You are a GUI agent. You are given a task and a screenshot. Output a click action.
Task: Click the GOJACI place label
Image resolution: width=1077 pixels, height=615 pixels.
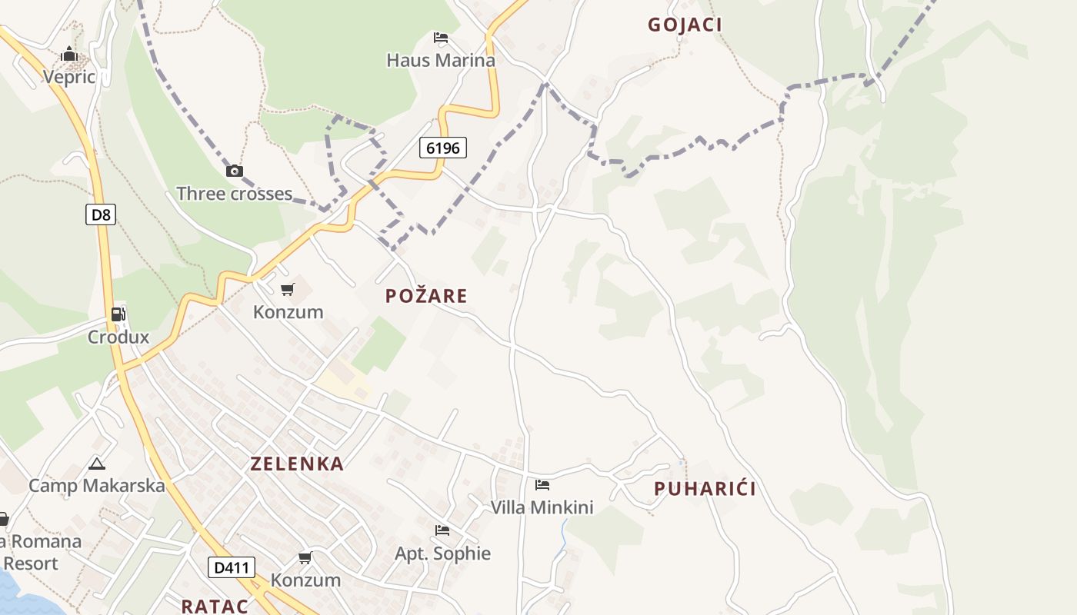(685, 25)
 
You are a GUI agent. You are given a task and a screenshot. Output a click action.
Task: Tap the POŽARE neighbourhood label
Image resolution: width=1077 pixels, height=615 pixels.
(426, 296)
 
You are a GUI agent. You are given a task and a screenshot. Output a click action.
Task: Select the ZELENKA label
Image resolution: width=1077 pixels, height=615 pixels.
(297, 464)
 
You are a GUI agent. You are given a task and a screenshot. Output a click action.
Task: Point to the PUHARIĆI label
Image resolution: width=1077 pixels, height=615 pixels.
(705, 489)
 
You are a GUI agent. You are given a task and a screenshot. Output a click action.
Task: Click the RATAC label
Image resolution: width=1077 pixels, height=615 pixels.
(215, 606)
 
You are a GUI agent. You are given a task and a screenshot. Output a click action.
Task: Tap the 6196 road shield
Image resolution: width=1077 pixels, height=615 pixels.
(443, 147)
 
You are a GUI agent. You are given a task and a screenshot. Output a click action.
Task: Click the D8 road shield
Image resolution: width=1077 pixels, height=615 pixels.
(101, 214)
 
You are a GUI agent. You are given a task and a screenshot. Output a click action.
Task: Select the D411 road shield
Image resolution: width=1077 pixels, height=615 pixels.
(231, 568)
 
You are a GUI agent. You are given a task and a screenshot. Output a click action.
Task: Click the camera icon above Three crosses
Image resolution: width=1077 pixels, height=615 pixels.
(235, 171)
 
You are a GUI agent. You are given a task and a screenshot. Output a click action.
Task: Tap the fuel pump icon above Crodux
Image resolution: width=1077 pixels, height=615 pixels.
(118, 314)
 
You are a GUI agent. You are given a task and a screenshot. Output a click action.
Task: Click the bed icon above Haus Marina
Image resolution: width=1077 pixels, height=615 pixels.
(441, 37)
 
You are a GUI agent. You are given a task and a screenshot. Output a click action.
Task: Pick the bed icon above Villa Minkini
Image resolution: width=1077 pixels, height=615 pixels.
(542, 484)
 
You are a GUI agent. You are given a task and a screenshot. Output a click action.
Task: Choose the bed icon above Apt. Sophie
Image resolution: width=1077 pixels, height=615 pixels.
(442, 530)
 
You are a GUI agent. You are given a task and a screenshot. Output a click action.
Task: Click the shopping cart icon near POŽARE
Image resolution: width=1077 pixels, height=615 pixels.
(288, 289)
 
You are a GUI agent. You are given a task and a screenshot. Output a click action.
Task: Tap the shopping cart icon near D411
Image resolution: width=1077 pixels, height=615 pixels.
(305, 557)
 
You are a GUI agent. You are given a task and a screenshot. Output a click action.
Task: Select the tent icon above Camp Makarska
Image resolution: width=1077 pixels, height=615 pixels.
(96, 464)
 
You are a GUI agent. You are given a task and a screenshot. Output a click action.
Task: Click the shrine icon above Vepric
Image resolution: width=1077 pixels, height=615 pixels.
(69, 55)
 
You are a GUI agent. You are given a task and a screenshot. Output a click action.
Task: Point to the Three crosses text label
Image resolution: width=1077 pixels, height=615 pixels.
(234, 194)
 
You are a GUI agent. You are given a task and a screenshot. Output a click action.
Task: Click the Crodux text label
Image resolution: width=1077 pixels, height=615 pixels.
(118, 337)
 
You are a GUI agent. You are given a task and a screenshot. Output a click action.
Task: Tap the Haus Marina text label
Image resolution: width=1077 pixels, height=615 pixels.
(441, 60)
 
